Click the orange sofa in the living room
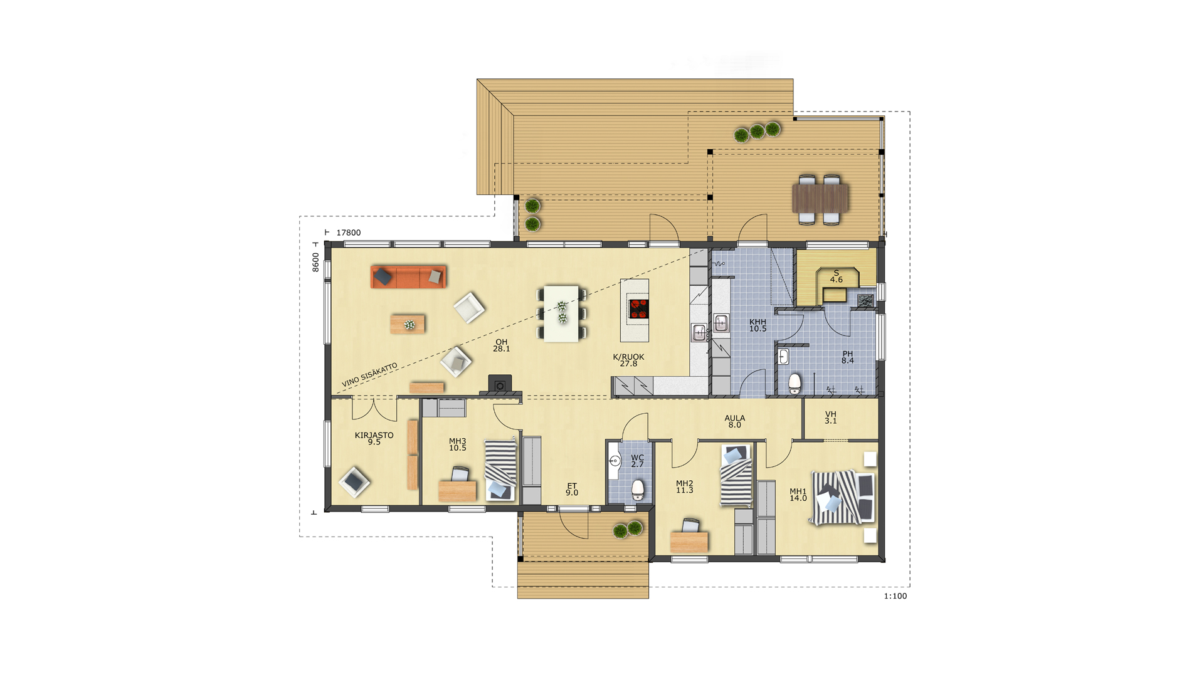click(x=408, y=276)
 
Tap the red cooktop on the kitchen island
click(x=638, y=309)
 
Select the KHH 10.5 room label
click(x=758, y=325)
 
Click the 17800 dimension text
click(x=349, y=233)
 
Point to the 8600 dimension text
click(x=315, y=262)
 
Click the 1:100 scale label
click(x=895, y=596)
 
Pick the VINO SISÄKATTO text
click(x=370, y=374)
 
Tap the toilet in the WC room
click(x=638, y=490)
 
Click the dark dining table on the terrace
click(x=820, y=198)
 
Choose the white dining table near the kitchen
click(x=561, y=313)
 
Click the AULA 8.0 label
click(x=735, y=421)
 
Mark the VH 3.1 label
click(x=831, y=417)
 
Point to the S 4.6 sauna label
click(x=837, y=276)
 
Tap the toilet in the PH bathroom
click(x=795, y=383)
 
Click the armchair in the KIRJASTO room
click(x=354, y=482)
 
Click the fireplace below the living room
click(x=500, y=384)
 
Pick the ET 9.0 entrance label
click(x=572, y=490)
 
